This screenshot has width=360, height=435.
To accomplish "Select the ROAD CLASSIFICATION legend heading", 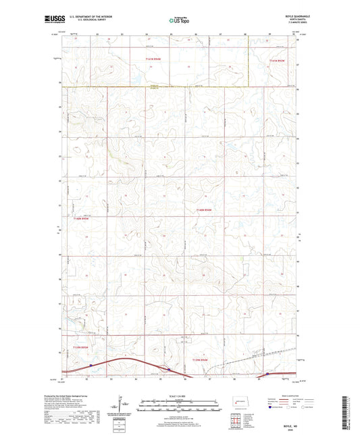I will pyautogui.click(x=304, y=396).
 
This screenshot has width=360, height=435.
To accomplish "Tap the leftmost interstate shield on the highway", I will pyautogui.click(x=90, y=365).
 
